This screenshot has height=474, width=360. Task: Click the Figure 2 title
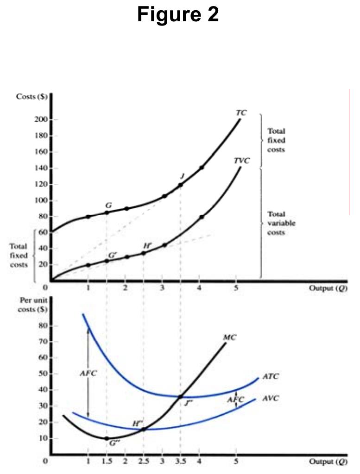pos(178,15)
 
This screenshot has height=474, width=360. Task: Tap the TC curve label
pos(241,112)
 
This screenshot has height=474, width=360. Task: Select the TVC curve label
pos(241,161)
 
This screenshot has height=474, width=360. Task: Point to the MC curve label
pos(230,337)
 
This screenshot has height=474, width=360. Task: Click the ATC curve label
pos(271,377)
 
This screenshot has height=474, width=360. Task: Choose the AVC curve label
pos(271,398)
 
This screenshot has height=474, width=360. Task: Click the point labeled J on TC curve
pos(181,185)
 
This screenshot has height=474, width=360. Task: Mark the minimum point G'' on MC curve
pos(107,438)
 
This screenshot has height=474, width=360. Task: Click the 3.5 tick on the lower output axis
pos(180,462)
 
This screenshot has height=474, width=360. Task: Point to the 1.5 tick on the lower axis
pos(107,462)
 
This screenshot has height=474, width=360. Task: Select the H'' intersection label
pos(138,423)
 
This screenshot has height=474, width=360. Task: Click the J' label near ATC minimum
pos(188,403)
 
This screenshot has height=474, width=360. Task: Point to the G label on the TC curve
pos(108,205)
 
